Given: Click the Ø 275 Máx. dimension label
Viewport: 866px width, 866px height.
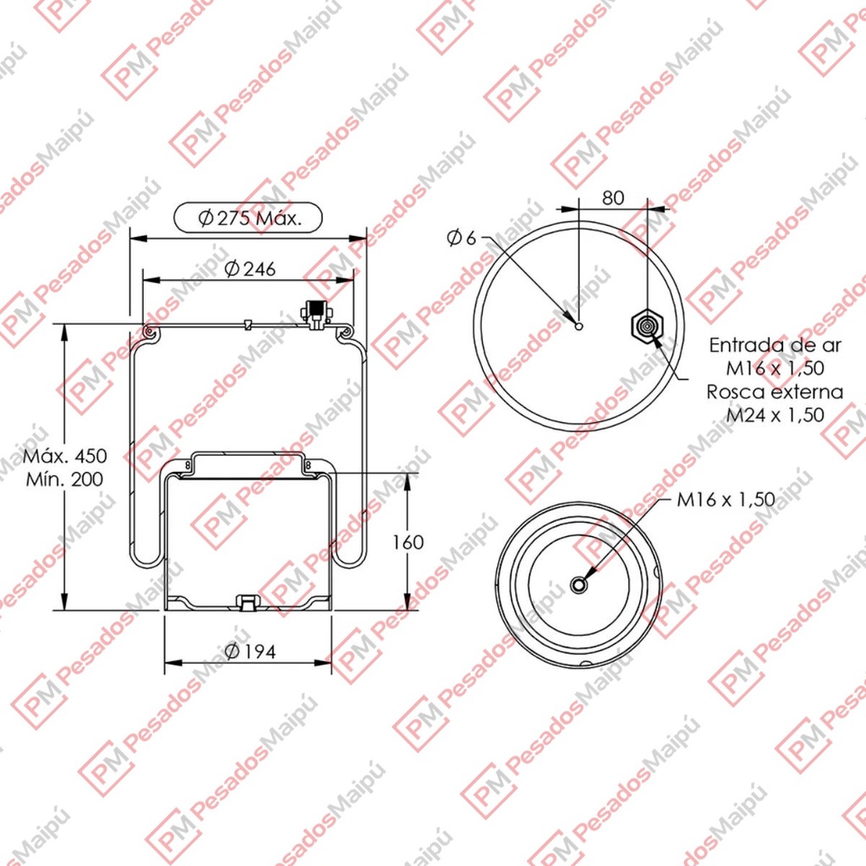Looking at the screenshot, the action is click(250, 219).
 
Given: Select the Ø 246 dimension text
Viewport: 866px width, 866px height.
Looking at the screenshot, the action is click(250, 269).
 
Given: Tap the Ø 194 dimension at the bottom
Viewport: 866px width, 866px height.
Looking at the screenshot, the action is click(250, 652).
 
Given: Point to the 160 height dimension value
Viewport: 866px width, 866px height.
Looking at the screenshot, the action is click(408, 542).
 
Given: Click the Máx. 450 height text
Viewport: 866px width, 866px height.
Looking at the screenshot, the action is click(65, 456).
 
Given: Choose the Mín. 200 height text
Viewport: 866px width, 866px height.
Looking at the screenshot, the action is click(65, 479).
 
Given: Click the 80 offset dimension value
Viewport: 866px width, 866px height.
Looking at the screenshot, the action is click(613, 198).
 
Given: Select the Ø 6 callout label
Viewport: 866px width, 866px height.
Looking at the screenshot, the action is click(461, 238).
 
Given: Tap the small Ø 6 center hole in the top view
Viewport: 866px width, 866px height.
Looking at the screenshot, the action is click(578, 326).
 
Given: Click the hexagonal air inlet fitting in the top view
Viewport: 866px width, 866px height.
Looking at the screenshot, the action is click(646, 326).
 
